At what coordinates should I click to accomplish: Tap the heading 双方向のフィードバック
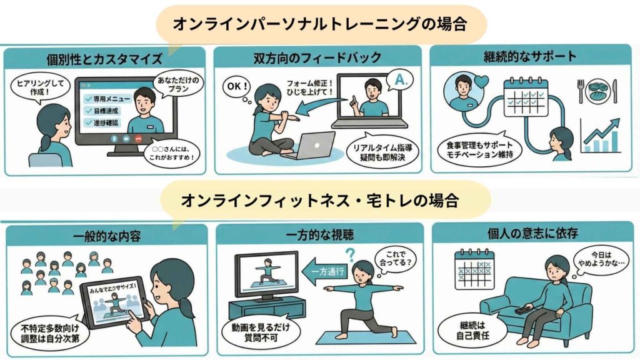click(317, 58)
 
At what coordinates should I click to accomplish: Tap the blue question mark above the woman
click(351, 254)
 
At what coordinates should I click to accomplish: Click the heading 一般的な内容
click(104, 236)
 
